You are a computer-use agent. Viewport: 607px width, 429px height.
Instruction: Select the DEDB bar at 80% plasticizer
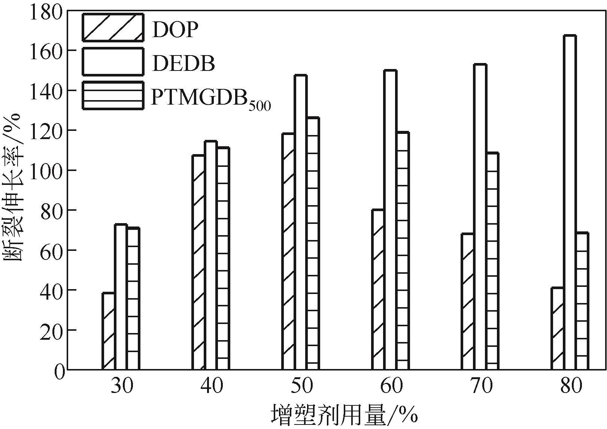click(570, 202)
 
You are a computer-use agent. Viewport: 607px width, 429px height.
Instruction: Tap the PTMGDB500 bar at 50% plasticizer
click(313, 244)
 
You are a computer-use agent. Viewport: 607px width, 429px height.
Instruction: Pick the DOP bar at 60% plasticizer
click(378, 289)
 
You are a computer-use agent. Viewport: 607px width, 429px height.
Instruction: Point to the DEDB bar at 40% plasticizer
click(210, 255)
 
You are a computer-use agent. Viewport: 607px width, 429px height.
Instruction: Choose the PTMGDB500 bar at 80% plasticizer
click(582, 301)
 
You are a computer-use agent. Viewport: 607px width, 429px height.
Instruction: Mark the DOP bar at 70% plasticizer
click(467, 301)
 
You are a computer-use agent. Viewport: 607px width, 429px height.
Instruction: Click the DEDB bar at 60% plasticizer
click(390, 220)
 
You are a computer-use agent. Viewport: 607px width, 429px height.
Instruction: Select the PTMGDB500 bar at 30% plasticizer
click(133, 298)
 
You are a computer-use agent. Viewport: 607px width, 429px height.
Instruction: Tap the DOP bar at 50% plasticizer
click(288, 251)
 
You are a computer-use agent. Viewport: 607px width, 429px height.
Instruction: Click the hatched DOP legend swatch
click(113, 27)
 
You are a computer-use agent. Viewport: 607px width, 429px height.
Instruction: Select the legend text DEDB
click(183, 63)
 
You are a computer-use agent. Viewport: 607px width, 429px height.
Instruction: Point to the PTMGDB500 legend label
click(210, 99)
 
